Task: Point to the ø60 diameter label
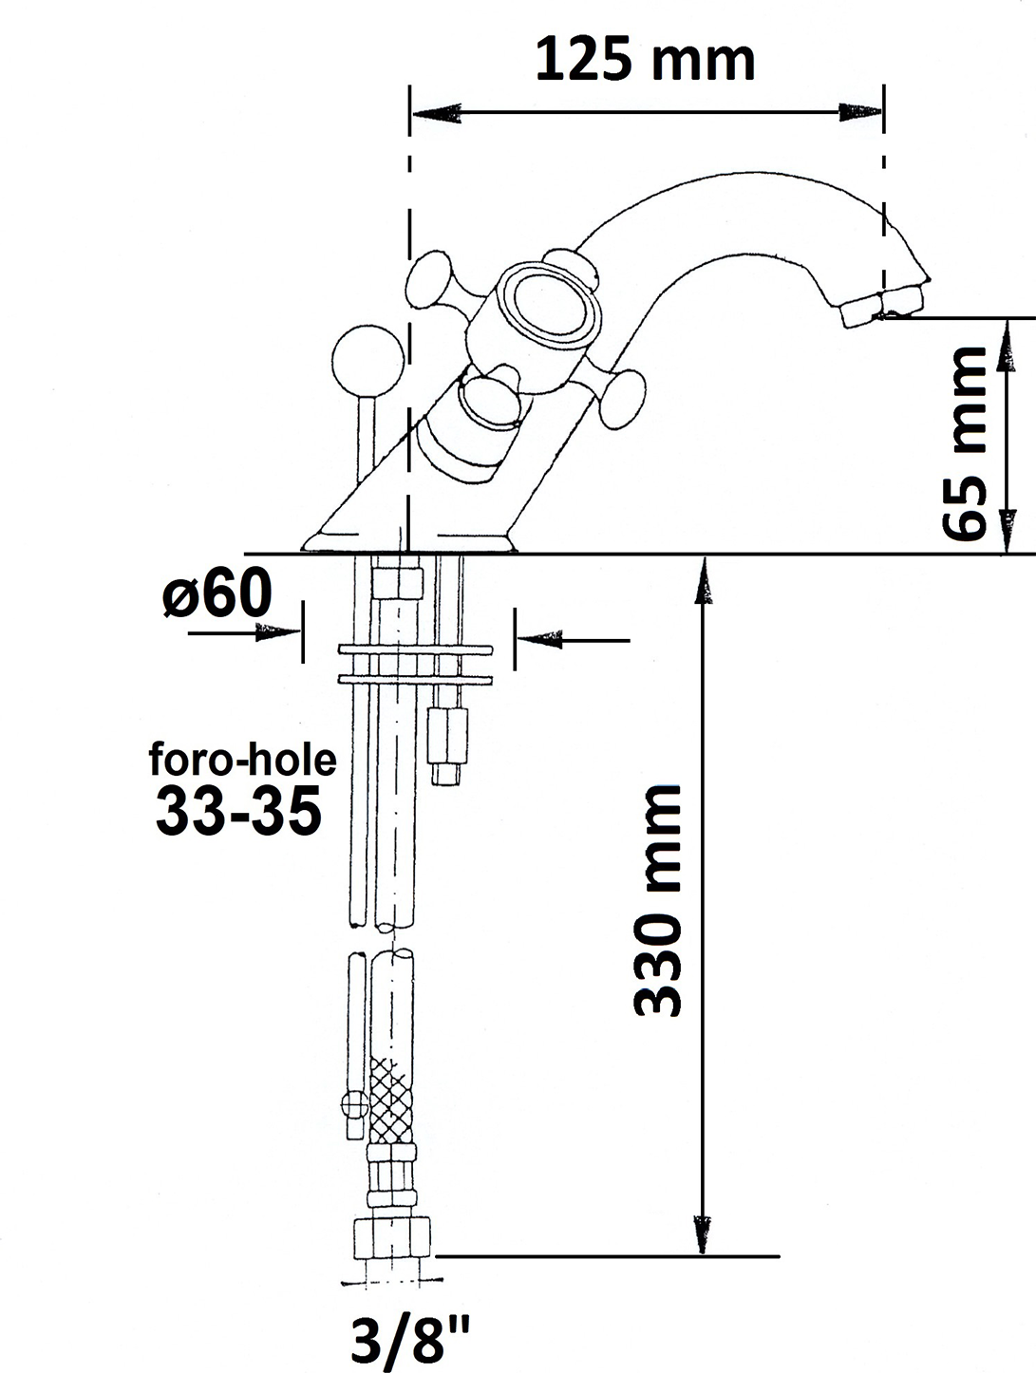point(217,593)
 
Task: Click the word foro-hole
point(243,760)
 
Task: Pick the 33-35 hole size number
point(238,810)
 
